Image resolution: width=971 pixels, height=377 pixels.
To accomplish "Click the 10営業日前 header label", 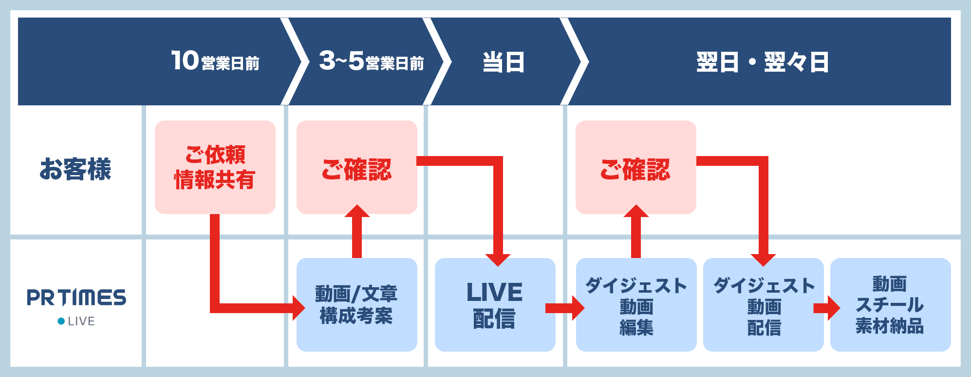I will click(x=215, y=61).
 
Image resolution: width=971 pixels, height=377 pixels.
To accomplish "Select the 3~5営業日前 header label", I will click(x=371, y=61).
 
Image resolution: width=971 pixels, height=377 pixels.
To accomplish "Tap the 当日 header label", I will click(x=503, y=62).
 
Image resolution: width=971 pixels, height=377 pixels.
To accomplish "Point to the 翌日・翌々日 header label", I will click(x=762, y=62).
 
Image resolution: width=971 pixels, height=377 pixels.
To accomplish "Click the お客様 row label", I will click(x=75, y=169).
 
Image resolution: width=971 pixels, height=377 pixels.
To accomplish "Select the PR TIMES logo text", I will click(x=76, y=297).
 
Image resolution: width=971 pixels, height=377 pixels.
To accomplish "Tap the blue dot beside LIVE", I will click(x=61, y=321).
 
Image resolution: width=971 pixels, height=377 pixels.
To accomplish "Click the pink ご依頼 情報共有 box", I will click(x=215, y=167).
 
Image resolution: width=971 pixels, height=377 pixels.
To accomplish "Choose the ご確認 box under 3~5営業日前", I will click(x=356, y=167).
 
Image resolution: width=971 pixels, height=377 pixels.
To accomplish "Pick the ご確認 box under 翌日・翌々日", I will click(x=635, y=167).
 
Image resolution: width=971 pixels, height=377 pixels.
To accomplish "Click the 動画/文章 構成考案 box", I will click(x=356, y=304).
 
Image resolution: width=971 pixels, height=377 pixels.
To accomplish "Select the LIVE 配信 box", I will click(x=495, y=304).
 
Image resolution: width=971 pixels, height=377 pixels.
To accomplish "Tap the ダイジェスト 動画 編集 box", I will click(x=636, y=304).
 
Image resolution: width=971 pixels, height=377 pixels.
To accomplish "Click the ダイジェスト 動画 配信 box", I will click(x=763, y=304).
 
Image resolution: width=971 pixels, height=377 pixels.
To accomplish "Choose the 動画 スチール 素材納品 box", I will click(x=890, y=304).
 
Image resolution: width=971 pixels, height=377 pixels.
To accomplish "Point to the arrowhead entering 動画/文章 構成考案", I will click(x=298, y=308).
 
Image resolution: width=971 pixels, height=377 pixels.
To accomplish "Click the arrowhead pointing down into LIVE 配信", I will click(x=498, y=259).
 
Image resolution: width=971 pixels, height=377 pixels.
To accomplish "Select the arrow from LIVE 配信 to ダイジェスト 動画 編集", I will click(x=565, y=308).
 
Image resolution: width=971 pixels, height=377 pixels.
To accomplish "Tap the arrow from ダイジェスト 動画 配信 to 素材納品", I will click(x=827, y=308).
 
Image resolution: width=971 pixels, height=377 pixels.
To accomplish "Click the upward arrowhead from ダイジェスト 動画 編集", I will click(x=635, y=211).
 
